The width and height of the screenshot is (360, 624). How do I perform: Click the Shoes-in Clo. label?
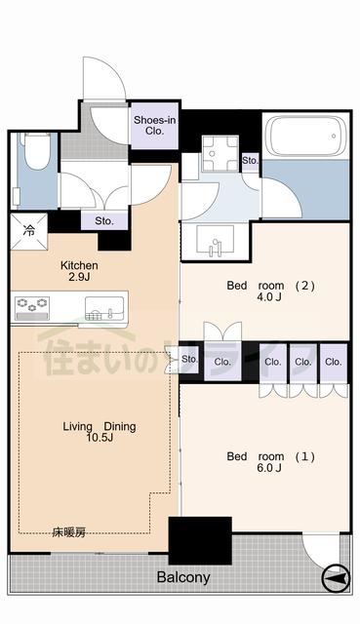point(155,126)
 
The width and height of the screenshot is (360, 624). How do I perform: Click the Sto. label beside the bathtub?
point(250,159)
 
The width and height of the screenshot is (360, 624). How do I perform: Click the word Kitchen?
point(80,265)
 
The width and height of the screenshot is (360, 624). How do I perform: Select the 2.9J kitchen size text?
point(80,279)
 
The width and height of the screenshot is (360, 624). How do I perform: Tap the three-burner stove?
point(34,309)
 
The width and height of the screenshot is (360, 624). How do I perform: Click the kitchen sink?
point(102,310)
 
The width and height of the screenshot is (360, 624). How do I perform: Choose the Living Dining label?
point(100,427)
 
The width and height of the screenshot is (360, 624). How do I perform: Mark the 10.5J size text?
point(100,441)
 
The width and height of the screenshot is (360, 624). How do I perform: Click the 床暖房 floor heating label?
point(69,532)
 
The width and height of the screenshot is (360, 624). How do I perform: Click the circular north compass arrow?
point(334,579)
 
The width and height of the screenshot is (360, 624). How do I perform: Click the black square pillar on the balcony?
point(200,539)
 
